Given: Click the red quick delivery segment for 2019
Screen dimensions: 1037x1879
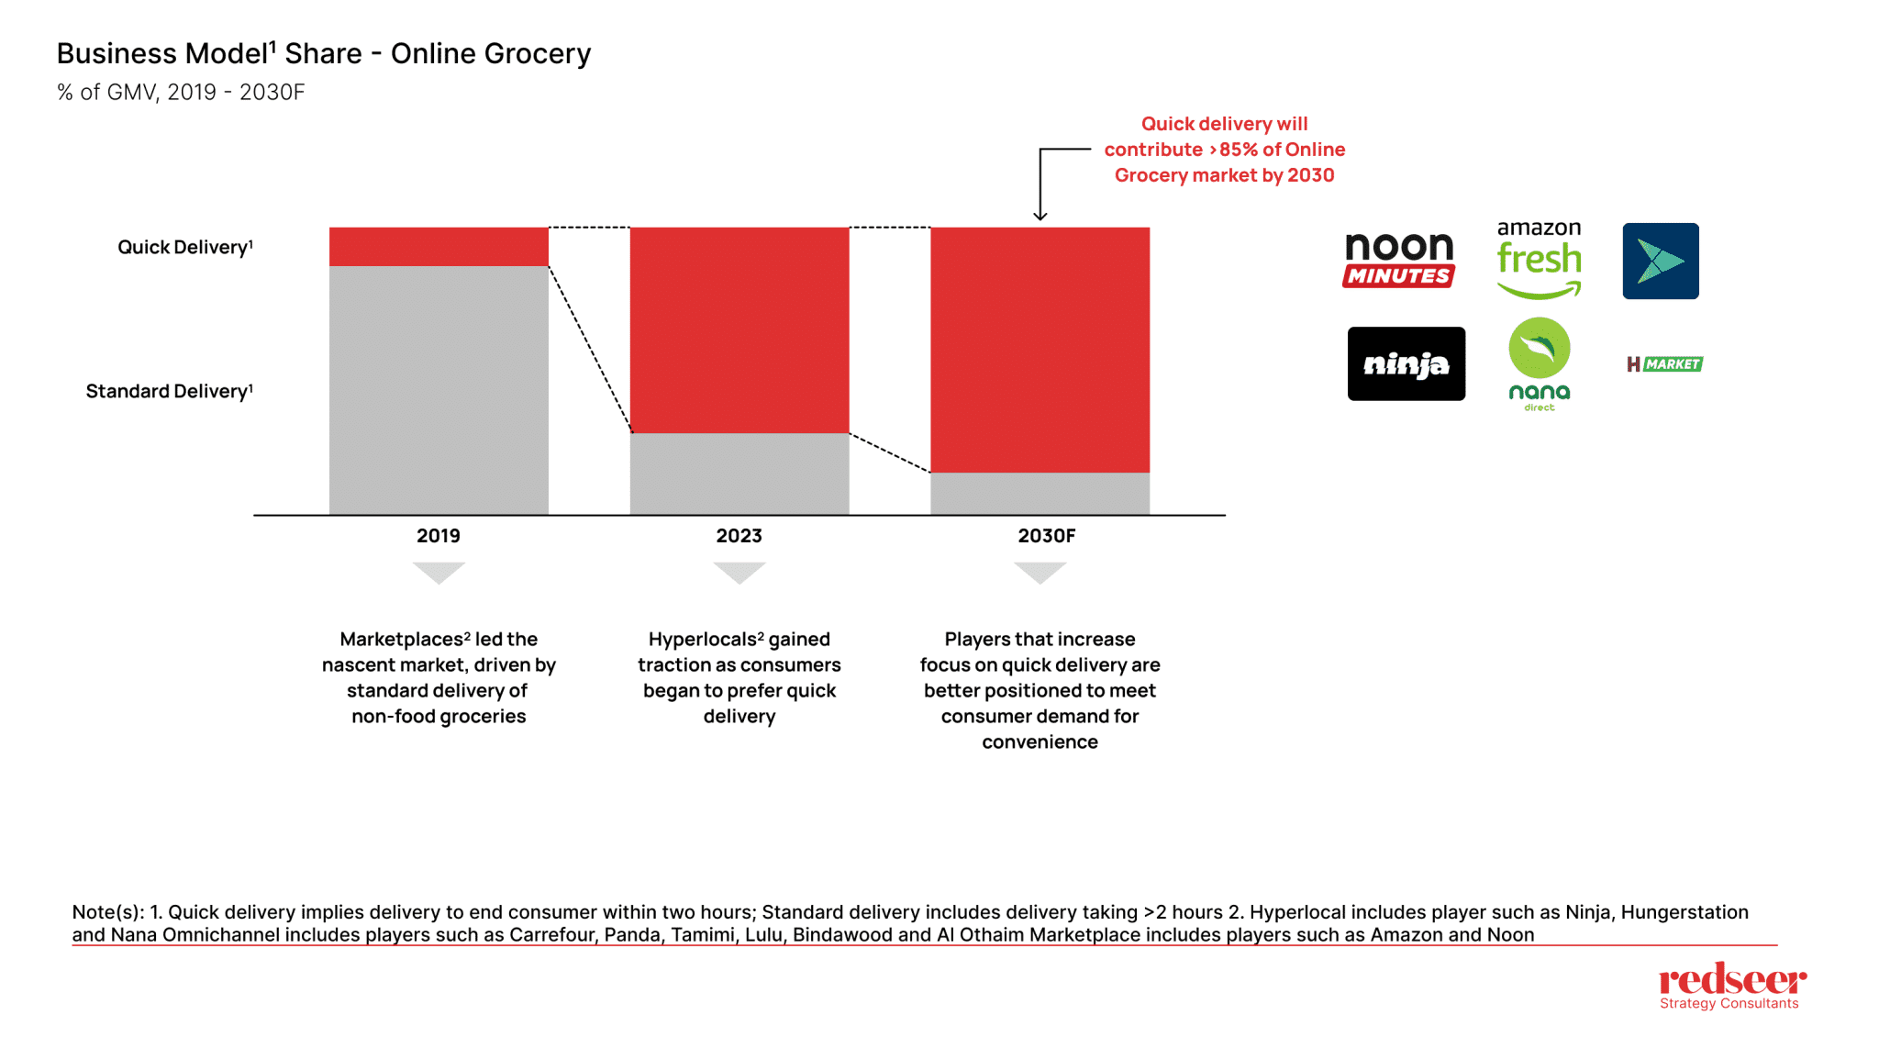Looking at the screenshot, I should [x=439, y=247].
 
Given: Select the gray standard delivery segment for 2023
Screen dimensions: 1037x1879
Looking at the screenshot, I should [x=739, y=474].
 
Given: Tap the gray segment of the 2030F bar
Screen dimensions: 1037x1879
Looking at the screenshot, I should [x=1040, y=494].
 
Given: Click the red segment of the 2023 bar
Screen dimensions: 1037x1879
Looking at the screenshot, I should [x=739, y=330].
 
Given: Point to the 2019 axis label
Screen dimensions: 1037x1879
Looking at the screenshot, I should [x=439, y=536].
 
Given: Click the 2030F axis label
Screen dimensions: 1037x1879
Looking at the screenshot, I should [x=1046, y=536].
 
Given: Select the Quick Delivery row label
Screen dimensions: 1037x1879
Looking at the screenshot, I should [x=184, y=248].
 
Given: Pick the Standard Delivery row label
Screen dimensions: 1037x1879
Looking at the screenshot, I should [x=169, y=392].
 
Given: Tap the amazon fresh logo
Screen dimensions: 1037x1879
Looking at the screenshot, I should [x=1539, y=260].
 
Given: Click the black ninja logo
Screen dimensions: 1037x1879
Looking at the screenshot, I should [x=1406, y=364].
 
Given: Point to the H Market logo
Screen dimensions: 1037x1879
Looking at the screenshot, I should [x=1664, y=364].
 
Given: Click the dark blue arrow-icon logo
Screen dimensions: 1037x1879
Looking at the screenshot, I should [x=1660, y=262].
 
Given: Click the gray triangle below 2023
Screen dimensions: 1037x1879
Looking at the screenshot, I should [x=739, y=572].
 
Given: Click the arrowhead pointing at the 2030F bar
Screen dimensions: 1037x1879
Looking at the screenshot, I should [x=1040, y=216].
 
